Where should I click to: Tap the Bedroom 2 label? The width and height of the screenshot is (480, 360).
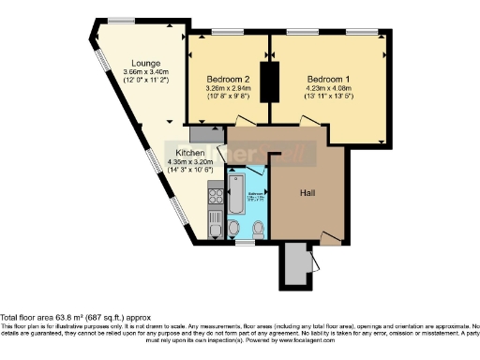[x=229, y=79]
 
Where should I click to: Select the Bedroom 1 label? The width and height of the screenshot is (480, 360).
[x=328, y=79]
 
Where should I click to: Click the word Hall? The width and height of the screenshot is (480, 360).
[x=307, y=192]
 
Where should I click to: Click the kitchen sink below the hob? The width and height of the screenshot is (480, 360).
[x=214, y=226]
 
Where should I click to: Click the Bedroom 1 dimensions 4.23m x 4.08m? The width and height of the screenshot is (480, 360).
[x=328, y=92]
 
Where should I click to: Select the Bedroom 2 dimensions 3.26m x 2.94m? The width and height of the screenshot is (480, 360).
[x=229, y=92]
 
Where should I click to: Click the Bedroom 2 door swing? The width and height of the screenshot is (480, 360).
[x=246, y=122]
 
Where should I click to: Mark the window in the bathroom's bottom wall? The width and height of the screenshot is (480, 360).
[x=246, y=243]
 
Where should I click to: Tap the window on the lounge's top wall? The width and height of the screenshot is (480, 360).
[x=119, y=21]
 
